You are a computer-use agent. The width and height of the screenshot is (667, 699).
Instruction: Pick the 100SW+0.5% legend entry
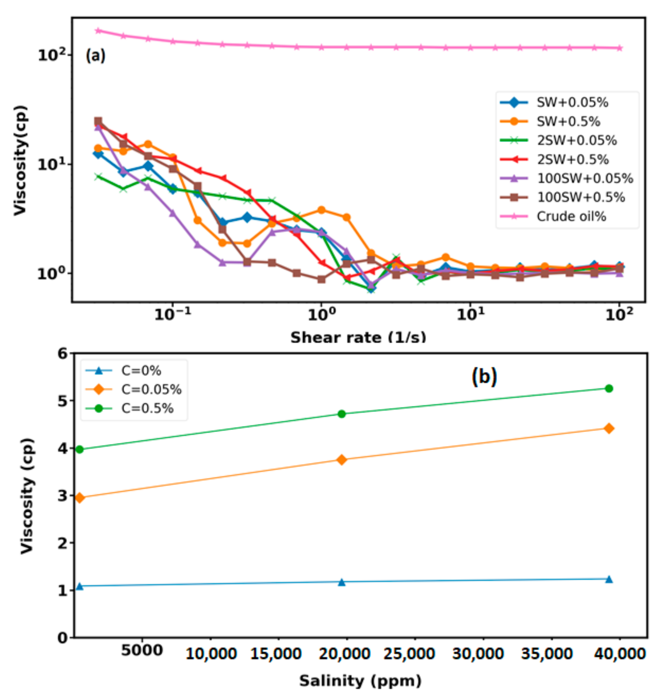[x=580, y=197]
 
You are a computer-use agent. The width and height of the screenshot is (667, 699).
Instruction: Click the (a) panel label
[x=95, y=56]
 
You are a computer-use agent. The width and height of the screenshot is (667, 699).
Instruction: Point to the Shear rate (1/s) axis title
[x=358, y=337]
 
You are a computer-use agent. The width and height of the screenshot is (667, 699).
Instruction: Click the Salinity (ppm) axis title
[x=360, y=681]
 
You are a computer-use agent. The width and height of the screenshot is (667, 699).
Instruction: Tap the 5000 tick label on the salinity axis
[x=142, y=650]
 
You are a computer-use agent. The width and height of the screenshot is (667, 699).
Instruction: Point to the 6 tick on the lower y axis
[x=62, y=354]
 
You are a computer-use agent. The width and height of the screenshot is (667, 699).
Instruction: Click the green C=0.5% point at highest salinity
[x=609, y=389]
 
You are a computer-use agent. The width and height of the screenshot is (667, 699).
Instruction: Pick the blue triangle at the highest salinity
[x=609, y=579]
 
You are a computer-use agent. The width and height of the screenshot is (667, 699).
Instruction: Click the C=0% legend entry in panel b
[x=140, y=371]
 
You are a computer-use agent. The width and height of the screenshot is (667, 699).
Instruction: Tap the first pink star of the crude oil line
[x=98, y=31]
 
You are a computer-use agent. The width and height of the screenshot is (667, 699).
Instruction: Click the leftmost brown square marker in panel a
[x=98, y=121]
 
